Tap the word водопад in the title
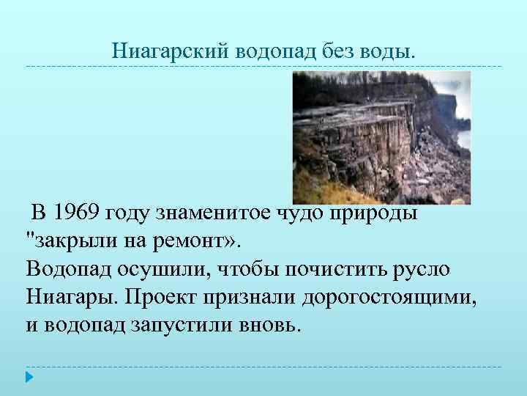tap(278, 51)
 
